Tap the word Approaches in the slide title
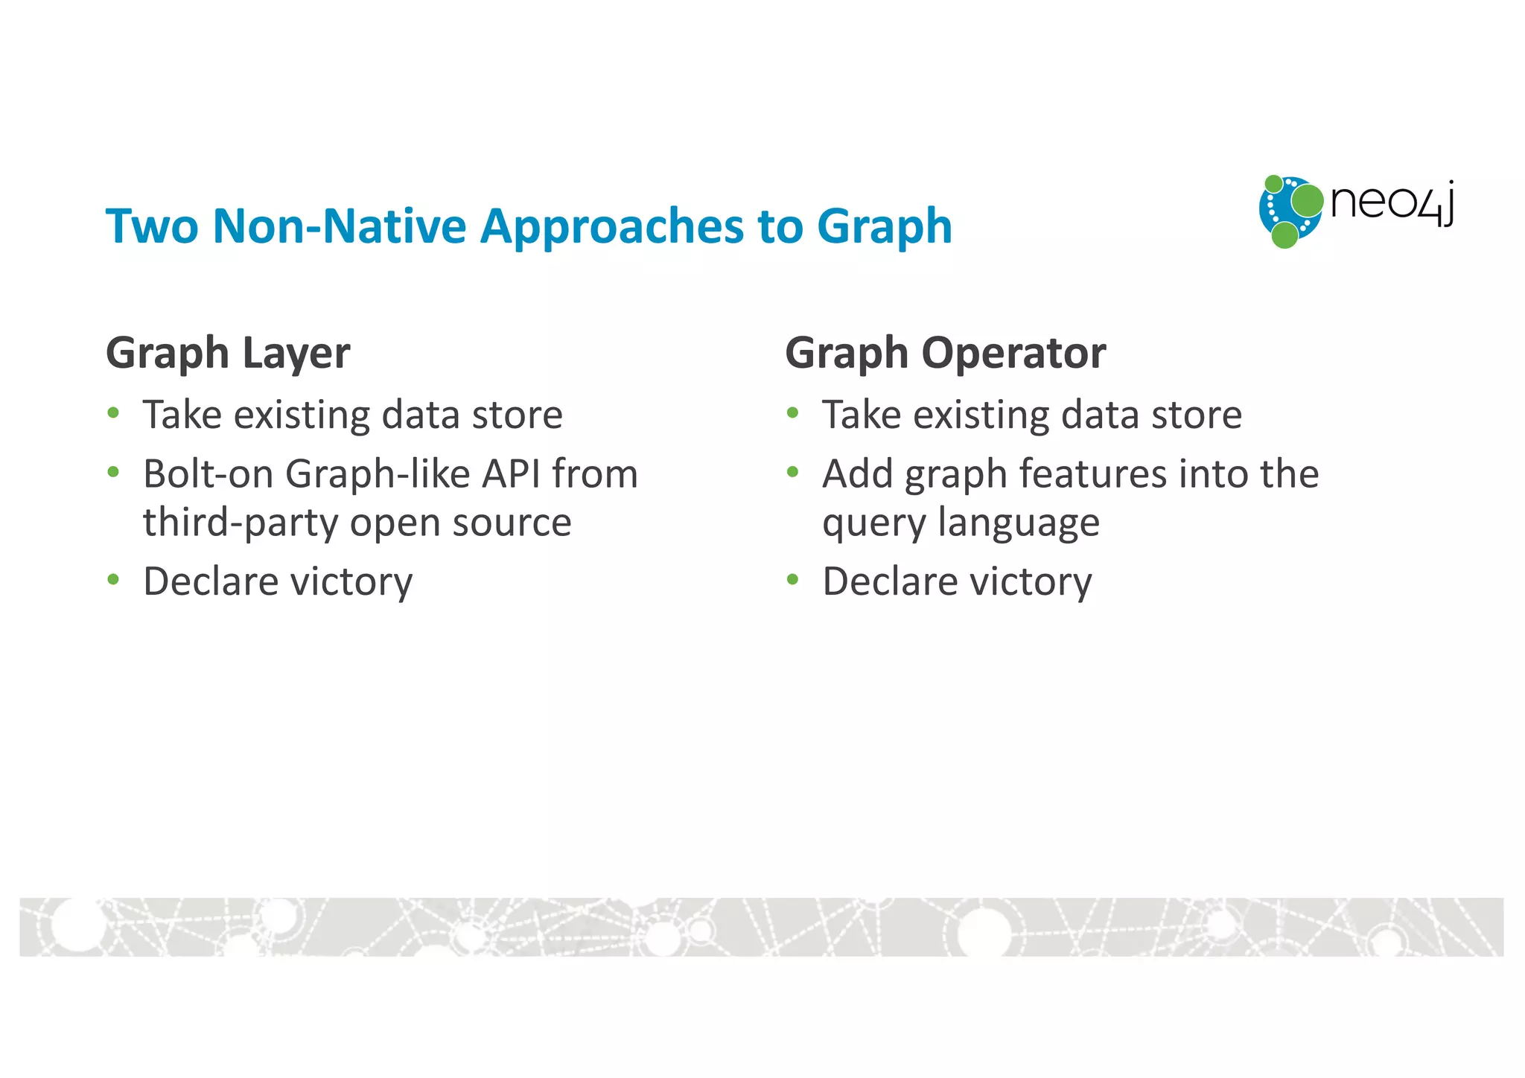(611, 227)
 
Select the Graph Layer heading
(228, 352)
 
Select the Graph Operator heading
(945, 352)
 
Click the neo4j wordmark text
(1391, 202)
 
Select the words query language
(961, 523)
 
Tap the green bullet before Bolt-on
(113, 472)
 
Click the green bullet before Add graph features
(792, 472)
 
